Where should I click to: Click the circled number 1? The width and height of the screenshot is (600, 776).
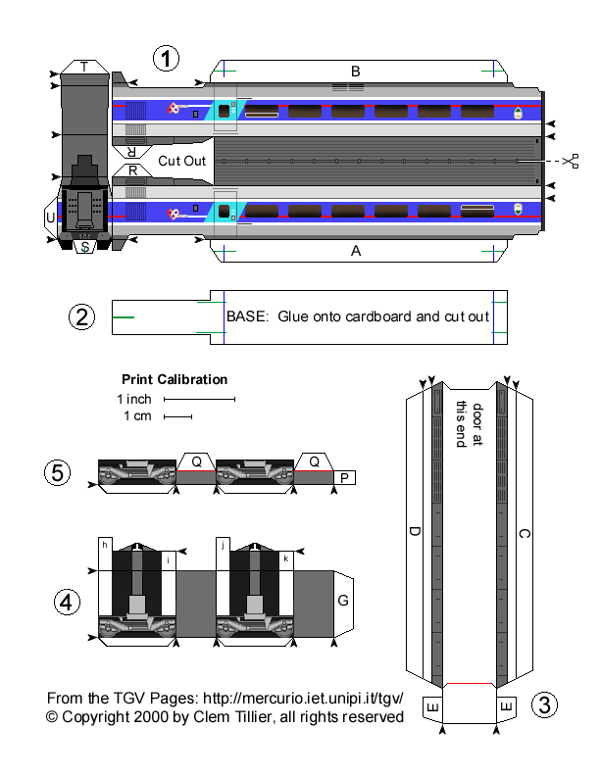pyautogui.click(x=168, y=58)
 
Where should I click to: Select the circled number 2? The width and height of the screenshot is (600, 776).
pyautogui.click(x=81, y=316)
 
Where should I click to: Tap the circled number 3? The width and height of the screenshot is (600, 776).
pyautogui.click(x=545, y=704)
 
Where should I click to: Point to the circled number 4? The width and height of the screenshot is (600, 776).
pyautogui.click(x=66, y=603)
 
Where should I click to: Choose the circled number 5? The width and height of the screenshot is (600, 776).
pyautogui.click(x=58, y=472)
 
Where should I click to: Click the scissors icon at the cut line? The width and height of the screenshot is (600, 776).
pyautogui.click(x=572, y=160)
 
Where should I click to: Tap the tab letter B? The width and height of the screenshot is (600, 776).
pyautogui.click(x=356, y=71)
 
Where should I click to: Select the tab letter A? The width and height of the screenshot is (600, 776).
pyautogui.click(x=356, y=251)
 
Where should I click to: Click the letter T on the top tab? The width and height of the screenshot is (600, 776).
pyautogui.click(x=84, y=67)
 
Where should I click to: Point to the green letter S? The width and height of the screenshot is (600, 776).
pyautogui.click(x=86, y=247)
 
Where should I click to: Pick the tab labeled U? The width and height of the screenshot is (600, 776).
pyautogui.click(x=50, y=217)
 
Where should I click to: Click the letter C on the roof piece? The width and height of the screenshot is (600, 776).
pyautogui.click(x=524, y=534)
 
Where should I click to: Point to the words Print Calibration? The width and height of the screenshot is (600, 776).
pyautogui.click(x=175, y=379)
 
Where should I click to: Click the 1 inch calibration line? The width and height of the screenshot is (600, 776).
pyautogui.click(x=199, y=400)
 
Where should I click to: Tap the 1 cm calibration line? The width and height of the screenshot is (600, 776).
pyautogui.click(x=177, y=416)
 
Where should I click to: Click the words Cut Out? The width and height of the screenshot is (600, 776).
pyautogui.click(x=181, y=161)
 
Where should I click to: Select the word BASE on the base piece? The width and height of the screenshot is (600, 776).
pyautogui.click(x=244, y=316)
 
